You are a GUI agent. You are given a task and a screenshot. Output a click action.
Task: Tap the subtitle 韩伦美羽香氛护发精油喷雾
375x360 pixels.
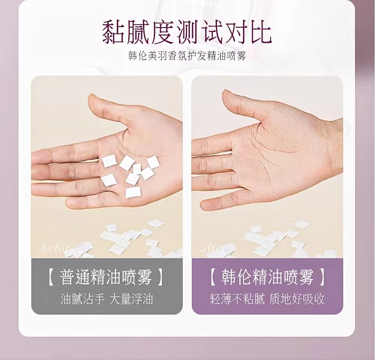[187, 56]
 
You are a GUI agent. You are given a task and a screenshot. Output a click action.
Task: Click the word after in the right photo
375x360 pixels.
[213, 248]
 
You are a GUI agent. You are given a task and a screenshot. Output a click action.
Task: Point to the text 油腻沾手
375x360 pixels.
[82, 299]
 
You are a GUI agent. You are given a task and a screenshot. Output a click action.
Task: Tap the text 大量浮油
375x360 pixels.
[131, 299]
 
